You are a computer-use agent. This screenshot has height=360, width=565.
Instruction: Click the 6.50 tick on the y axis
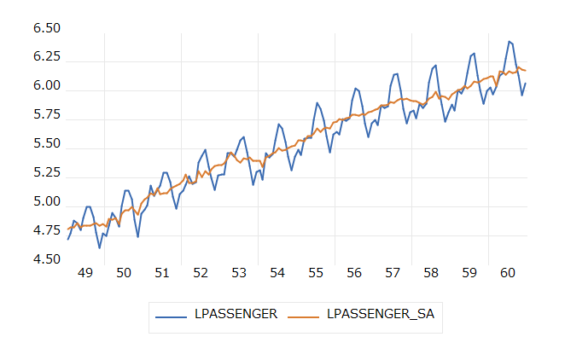pos(47,28)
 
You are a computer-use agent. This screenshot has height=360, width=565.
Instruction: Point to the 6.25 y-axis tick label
pos(47,56)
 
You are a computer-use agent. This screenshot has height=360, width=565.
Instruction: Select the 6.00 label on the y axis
pos(47,86)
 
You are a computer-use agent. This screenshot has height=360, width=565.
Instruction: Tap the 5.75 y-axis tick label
pos(47,115)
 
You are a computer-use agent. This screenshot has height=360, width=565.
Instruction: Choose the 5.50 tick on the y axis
pos(47,144)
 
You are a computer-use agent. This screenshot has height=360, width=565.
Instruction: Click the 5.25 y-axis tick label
pos(47,173)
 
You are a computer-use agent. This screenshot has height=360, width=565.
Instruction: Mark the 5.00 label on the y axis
pos(47,203)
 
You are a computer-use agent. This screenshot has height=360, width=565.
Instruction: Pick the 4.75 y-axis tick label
pos(47,232)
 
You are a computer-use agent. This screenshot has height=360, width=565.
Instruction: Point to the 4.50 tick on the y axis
pos(47,261)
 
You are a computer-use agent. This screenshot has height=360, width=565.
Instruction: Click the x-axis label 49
pos(85,273)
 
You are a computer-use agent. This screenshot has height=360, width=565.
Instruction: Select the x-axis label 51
pos(162,273)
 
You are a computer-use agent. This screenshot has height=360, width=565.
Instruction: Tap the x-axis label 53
pos(239,273)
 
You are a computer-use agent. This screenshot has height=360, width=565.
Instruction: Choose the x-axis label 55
pos(316,273)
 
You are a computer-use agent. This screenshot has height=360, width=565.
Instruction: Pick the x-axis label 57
pos(393,273)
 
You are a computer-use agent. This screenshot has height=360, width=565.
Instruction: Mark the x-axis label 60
pos(508,273)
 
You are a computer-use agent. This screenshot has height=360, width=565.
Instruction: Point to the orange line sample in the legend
pos(304,315)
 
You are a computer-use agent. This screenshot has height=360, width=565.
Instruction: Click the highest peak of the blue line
pos(509,41)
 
